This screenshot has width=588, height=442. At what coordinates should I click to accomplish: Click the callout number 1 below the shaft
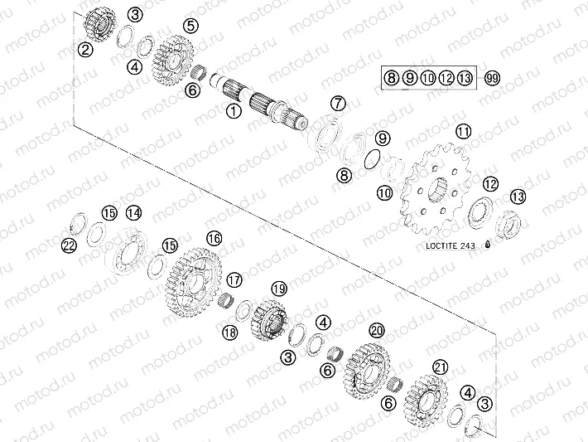tap(234, 109)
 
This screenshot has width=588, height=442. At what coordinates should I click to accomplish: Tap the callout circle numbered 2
tap(85, 49)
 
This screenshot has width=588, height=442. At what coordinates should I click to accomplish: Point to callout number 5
tap(191, 27)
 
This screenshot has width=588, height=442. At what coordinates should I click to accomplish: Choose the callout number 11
tap(463, 132)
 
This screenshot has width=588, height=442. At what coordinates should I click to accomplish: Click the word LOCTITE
tap(438, 245)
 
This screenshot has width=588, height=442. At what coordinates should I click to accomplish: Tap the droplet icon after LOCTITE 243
tap(489, 244)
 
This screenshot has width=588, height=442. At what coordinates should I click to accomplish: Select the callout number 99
tap(492, 78)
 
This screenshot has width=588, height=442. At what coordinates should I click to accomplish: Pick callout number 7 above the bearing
tap(336, 103)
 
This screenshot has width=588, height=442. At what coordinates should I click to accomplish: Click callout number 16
tap(214, 238)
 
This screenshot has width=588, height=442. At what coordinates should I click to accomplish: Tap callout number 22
tap(70, 245)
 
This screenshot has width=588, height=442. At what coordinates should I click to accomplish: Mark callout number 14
tap(133, 213)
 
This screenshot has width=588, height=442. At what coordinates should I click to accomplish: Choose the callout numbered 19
tap(278, 289)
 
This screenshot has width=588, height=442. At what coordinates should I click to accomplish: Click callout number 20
tap(377, 330)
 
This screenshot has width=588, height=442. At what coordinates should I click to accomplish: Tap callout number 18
tap(229, 333)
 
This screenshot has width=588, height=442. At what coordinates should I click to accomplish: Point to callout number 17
tap(234, 279)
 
